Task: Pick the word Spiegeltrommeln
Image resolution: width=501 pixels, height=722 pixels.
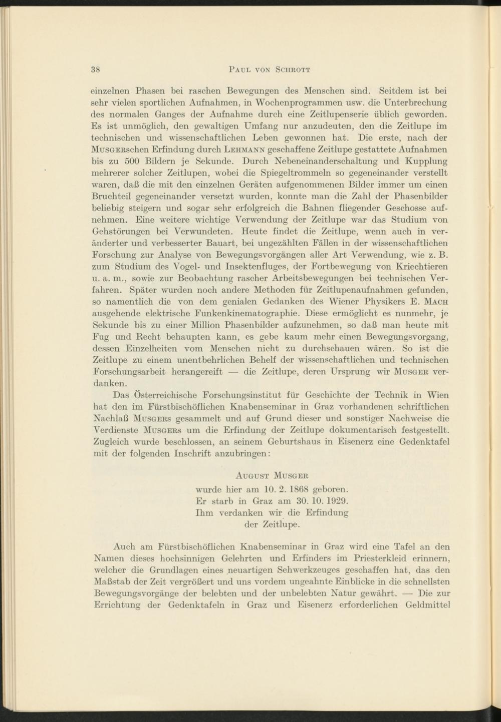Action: (x=308, y=173)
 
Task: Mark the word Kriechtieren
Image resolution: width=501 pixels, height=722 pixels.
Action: (x=418, y=266)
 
